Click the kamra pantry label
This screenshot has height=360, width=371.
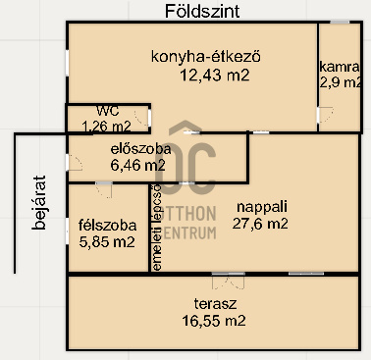click(x=340, y=67)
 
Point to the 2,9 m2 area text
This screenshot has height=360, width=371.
click(x=340, y=84)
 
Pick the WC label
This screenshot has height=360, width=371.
click(x=108, y=110)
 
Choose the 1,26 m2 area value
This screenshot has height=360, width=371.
click(x=106, y=126)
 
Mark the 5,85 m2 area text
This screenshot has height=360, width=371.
click(x=106, y=241)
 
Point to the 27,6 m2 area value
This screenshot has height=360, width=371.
click(x=260, y=224)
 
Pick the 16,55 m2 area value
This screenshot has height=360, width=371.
click(x=213, y=320)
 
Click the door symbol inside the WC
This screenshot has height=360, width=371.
click(x=143, y=119)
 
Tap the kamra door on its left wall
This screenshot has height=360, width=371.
click(x=320, y=114)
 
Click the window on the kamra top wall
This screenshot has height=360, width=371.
click(x=340, y=22)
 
